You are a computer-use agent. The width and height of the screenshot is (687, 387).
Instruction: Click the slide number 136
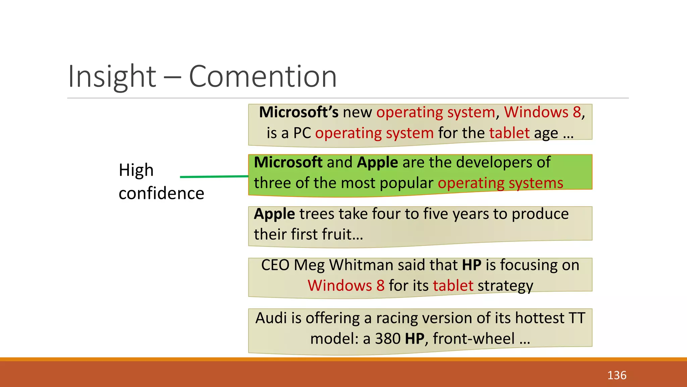[x=617, y=375]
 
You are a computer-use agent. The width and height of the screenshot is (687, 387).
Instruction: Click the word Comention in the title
[x=263, y=77]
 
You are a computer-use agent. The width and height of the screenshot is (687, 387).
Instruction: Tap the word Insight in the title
[x=112, y=77]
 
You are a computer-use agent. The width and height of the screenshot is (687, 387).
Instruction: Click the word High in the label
[x=136, y=170]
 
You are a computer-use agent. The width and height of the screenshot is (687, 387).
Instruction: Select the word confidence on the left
[x=161, y=193]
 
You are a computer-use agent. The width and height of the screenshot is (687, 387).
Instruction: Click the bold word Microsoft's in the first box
[x=299, y=112]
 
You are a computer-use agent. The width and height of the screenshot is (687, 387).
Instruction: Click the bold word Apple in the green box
[x=377, y=163]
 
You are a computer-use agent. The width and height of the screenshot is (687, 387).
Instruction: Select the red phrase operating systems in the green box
[x=500, y=183]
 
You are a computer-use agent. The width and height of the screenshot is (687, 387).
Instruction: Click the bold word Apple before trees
[x=274, y=214]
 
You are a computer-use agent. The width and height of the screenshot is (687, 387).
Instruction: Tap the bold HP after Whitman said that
[x=472, y=265]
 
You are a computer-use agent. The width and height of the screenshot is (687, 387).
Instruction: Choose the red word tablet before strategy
[x=453, y=286]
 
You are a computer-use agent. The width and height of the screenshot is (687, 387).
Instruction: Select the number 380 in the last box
[x=387, y=339]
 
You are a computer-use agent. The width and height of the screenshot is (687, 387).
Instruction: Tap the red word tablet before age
[x=509, y=133]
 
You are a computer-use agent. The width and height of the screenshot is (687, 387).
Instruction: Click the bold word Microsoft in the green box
[x=288, y=163]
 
